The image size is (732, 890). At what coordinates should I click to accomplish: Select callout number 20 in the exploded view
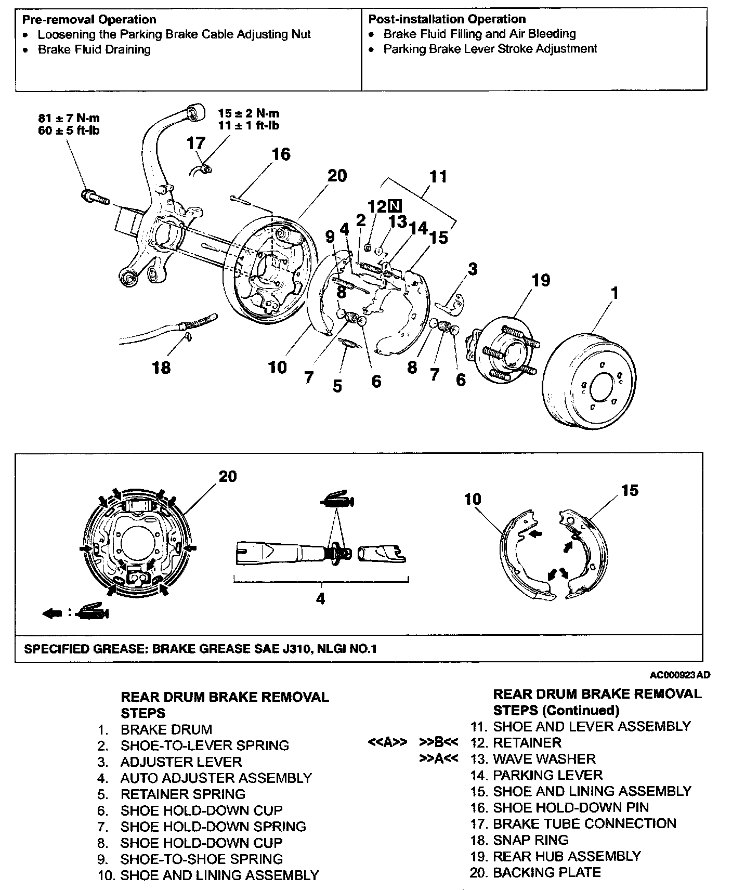pyautogui.click(x=336, y=176)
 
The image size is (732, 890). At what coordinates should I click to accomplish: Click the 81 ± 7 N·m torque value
pyautogui.click(x=69, y=118)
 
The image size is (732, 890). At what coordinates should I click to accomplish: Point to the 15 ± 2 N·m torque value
pyautogui.click(x=249, y=113)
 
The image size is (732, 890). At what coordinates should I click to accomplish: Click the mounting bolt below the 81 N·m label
pyautogui.click(x=94, y=197)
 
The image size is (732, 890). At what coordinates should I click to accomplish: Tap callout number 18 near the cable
pyautogui.click(x=161, y=368)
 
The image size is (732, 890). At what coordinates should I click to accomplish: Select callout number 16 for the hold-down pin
pyautogui.click(x=281, y=154)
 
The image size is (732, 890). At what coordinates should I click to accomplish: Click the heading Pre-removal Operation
pyautogui.click(x=89, y=20)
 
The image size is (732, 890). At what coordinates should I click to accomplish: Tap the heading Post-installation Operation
pyautogui.click(x=447, y=19)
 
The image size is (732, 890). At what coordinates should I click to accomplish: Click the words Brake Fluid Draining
pyautogui.click(x=94, y=49)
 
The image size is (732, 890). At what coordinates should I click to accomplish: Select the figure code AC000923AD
pyautogui.click(x=679, y=675)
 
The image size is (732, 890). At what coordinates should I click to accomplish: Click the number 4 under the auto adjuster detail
pyautogui.click(x=320, y=598)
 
